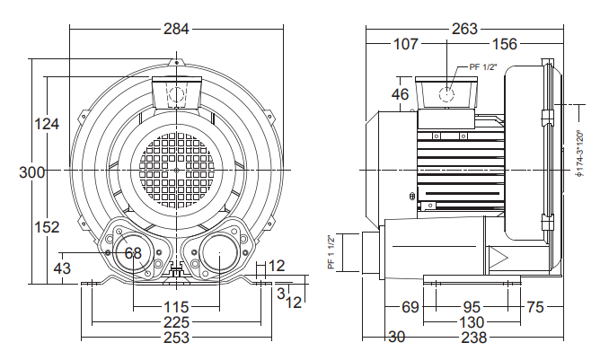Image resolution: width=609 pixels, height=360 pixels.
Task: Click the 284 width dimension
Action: [176, 29]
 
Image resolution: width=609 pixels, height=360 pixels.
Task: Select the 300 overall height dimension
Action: [31, 172]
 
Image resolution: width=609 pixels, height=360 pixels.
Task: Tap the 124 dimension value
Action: [47, 124]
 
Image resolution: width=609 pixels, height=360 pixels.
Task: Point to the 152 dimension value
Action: [47, 227]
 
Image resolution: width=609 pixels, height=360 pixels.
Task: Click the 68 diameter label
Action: [133, 253]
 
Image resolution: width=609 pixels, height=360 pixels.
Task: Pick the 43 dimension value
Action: [62, 268]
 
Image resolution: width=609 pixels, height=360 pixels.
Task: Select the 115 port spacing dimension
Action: [176, 307]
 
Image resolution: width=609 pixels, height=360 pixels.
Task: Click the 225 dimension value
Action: [176, 322]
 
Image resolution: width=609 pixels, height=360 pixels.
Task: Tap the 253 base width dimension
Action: [176, 338]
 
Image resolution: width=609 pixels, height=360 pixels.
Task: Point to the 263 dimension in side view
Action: [464, 29]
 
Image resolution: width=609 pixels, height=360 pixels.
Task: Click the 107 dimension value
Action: [406, 44]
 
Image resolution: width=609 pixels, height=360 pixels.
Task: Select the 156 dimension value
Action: [505, 44]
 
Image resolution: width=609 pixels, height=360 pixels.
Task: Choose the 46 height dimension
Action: [400, 94]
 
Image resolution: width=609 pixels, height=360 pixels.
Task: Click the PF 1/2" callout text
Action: [483, 66]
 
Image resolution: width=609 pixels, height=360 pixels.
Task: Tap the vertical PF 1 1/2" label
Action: [331, 252]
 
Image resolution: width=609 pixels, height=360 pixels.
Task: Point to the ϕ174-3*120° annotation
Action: [580, 154]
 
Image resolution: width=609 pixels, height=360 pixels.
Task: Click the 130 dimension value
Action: [472, 322]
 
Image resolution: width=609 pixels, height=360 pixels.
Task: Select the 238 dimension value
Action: [474, 338]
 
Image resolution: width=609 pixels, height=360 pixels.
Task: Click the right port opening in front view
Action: [219, 252]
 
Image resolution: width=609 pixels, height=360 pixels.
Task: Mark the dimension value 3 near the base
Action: [281, 293]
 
